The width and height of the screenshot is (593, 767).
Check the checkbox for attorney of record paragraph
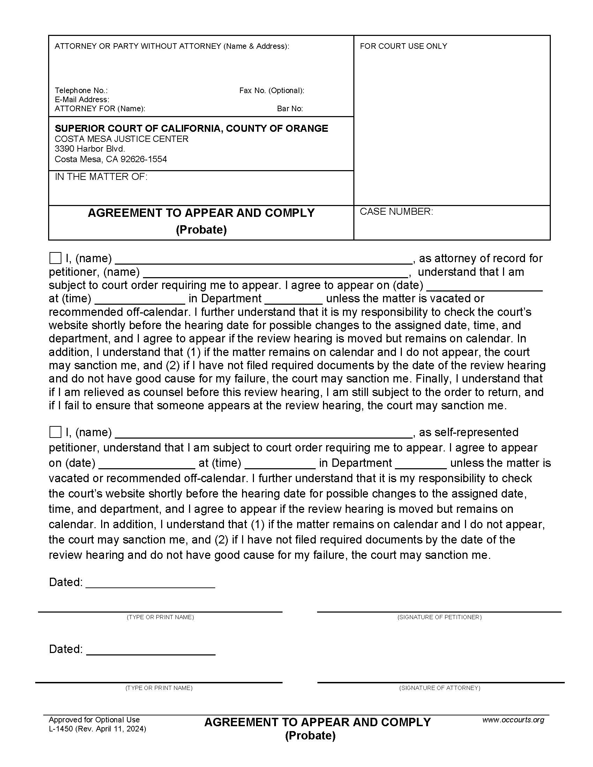55,258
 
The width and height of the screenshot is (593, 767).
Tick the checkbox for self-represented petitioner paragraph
55,432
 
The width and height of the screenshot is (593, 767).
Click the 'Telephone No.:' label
81,91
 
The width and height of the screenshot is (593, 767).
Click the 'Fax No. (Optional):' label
271,91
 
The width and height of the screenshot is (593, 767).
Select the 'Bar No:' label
290,109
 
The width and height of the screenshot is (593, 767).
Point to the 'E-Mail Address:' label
82,100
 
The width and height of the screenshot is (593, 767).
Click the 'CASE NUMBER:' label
396,212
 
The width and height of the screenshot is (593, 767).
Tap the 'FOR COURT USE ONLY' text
403,46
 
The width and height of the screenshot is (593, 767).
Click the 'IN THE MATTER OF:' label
101,177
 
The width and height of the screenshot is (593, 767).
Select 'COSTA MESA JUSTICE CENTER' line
121,139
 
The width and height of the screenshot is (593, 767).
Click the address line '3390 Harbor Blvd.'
90,149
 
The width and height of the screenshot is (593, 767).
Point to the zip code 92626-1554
144,159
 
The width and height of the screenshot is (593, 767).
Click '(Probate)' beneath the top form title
201,230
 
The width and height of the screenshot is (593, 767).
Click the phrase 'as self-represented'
468,432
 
